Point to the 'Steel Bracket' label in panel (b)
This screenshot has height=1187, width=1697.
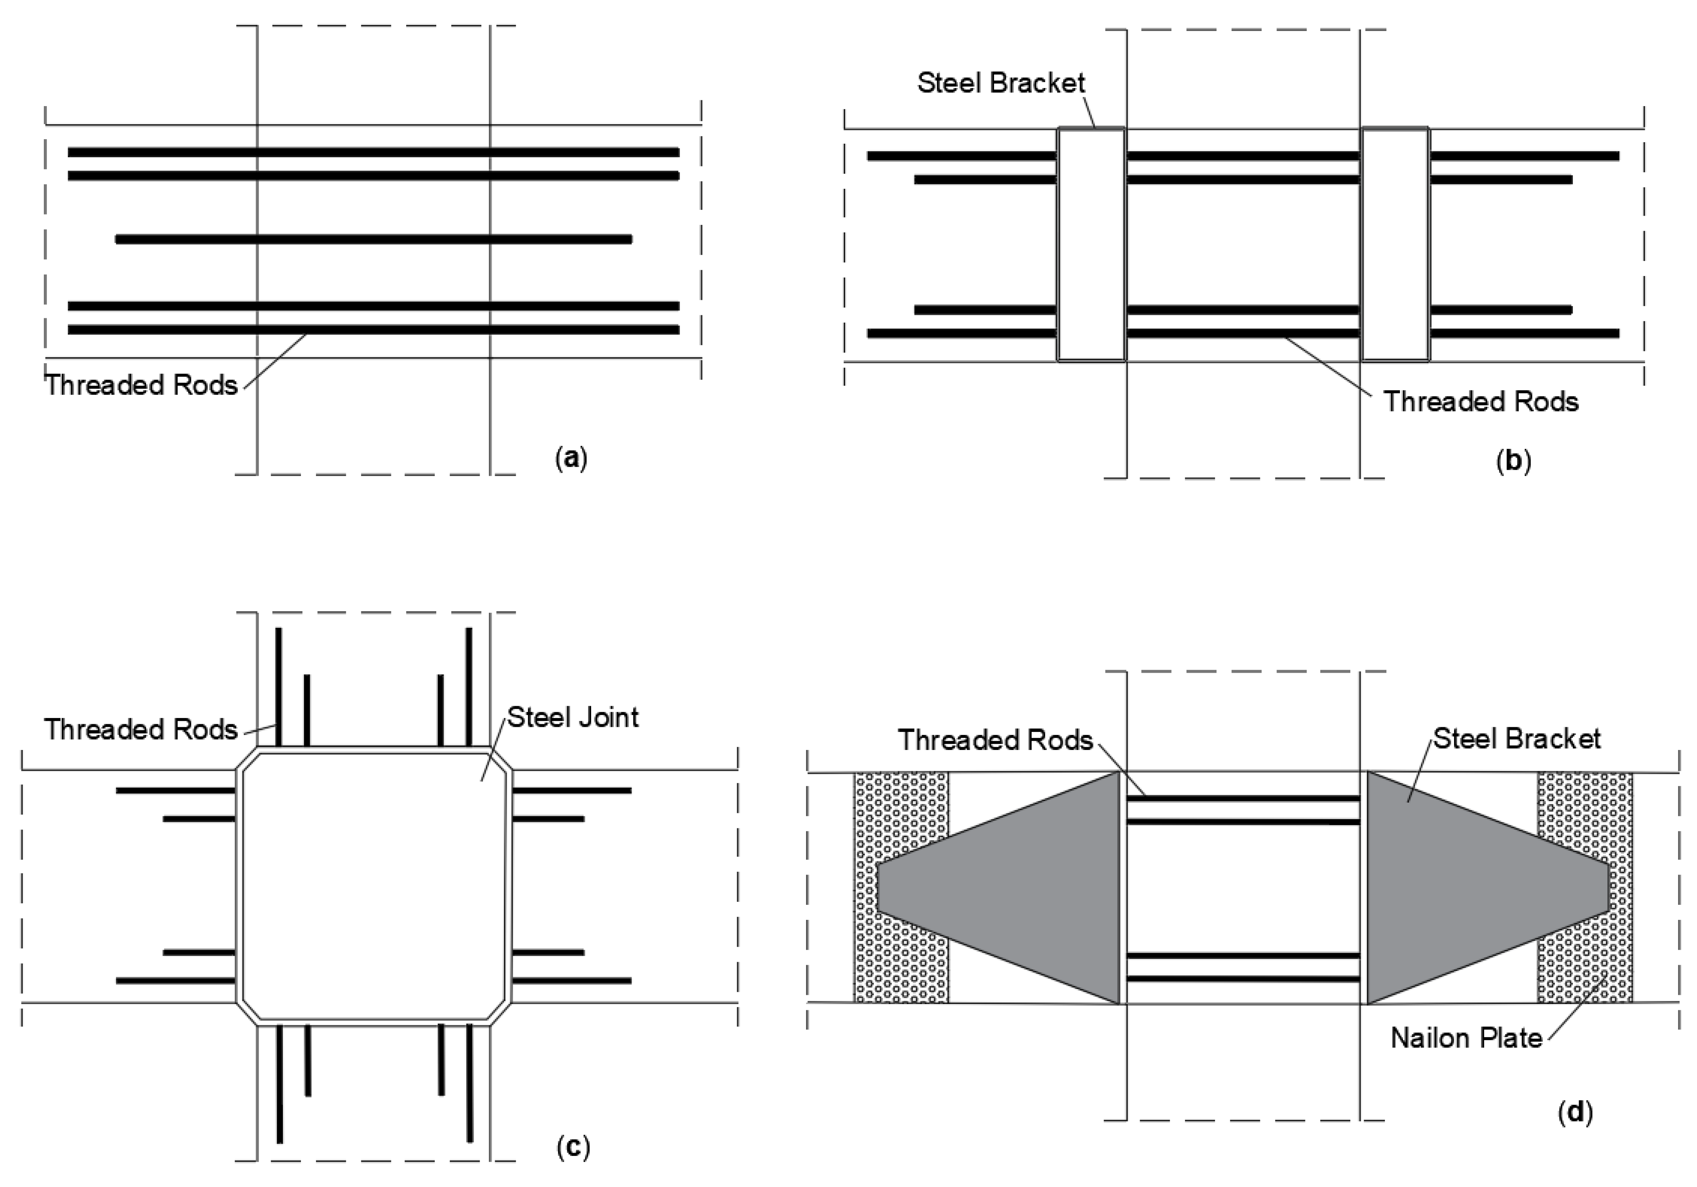pyautogui.click(x=1001, y=83)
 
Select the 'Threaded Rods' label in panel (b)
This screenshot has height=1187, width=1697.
pyautogui.click(x=1481, y=401)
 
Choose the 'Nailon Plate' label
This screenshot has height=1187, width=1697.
pyautogui.click(x=1466, y=1038)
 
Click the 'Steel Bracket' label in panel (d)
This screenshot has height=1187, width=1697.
pyautogui.click(x=1517, y=738)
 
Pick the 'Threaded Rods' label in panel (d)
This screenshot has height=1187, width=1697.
pyautogui.click(x=995, y=740)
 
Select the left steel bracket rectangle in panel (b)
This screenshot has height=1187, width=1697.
pyautogui.click(x=1091, y=244)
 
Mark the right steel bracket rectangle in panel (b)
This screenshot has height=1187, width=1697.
pyautogui.click(x=1395, y=244)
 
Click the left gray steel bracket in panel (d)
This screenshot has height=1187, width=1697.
pyautogui.click(x=1035, y=887)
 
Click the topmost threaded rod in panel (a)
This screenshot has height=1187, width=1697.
pyautogui.click(x=373, y=152)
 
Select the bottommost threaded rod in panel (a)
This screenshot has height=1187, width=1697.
pyautogui.click(x=373, y=330)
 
